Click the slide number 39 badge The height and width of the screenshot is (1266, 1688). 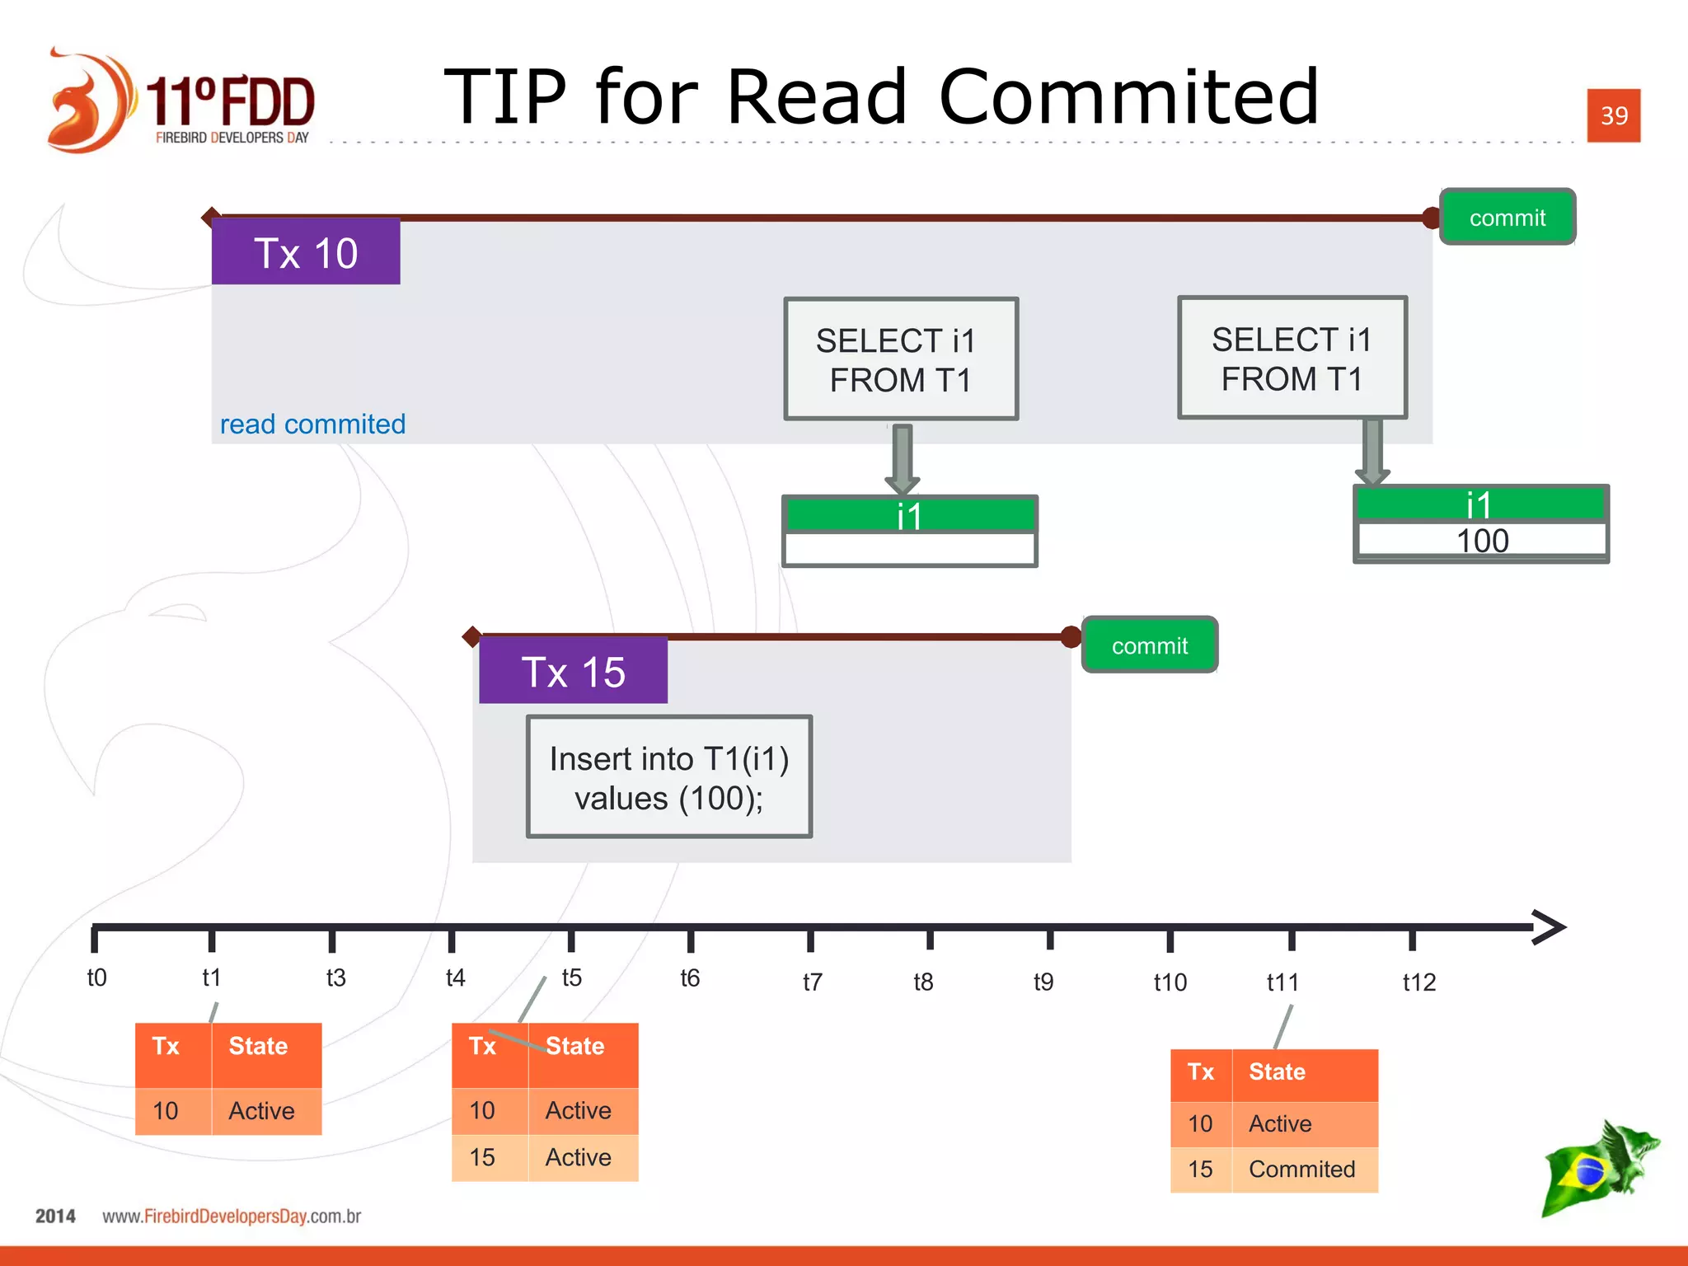click(x=1613, y=115)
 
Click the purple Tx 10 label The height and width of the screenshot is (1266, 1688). click(x=306, y=252)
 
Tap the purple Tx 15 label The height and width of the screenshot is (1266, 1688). click(x=573, y=671)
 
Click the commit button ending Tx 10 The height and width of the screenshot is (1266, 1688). click(x=1507, y=218)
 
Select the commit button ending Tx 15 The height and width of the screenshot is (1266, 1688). click(x=1149, y=645)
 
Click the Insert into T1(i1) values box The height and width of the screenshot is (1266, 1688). click(x=669, y=777)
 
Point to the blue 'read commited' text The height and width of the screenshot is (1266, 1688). click(x=312, y=424)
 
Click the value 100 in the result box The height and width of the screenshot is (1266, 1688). click(x=1481, y=541)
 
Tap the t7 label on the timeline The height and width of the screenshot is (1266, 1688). click(x=812, y=982)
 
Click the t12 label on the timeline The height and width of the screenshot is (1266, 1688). click(x=1418, y=982)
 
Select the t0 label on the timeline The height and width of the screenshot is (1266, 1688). click(x=96, y=978)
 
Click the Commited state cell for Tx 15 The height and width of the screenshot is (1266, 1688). click(x=1301, y=1169)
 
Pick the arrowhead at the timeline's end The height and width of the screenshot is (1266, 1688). click(x=1549, y=928)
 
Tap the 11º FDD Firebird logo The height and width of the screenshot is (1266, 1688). click(x=181, y=101)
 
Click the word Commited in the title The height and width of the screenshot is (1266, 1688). click(x=1128, y=97)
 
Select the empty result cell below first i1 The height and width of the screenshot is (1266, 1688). click(x=909, y=548)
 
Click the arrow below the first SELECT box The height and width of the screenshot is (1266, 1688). click(x=903, y=458)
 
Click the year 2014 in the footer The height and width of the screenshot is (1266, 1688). click(x=55, y=1216)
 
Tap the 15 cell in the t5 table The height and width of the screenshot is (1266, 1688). click(x=482, y=1157)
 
